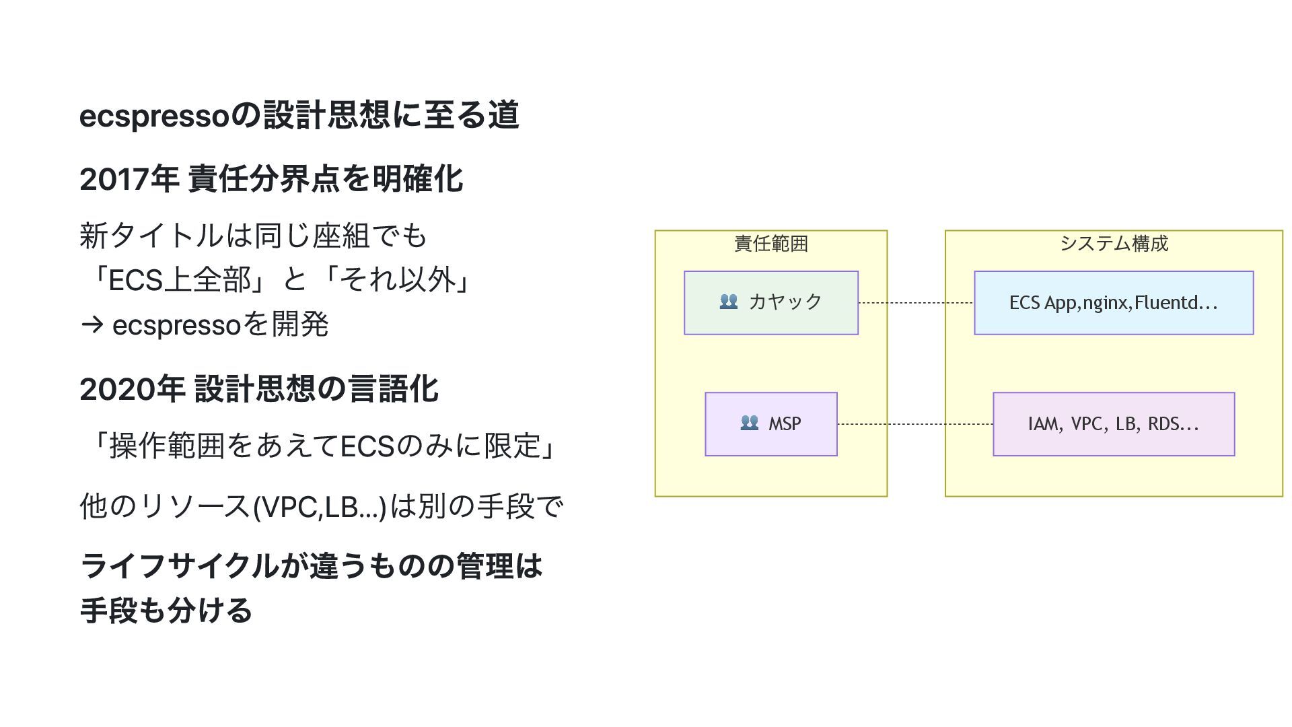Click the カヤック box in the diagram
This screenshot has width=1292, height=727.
click(771, 303)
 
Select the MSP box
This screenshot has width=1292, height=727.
click(771, 424)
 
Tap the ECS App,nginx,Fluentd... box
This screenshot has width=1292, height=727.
click(1114, 303)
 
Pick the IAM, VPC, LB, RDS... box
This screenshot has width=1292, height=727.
click(1114, 424)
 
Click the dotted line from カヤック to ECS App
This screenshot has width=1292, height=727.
click(916, 303)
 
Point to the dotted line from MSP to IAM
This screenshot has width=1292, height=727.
click(915, 424)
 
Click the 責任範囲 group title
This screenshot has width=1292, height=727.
click(771, 243)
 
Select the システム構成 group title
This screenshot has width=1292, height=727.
click(1114, 243)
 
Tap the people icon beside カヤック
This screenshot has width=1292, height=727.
click(729, 302)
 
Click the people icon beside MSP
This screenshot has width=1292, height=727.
click(749, 423)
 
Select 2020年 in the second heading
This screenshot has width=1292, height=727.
click(132, 389)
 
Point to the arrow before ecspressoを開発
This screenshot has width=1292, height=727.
click(92, 325)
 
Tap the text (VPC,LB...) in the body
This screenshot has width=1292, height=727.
click(320, 507)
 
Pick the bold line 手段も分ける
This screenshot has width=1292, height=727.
click(166, 611)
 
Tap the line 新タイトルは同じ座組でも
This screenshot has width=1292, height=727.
click(253, 236)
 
